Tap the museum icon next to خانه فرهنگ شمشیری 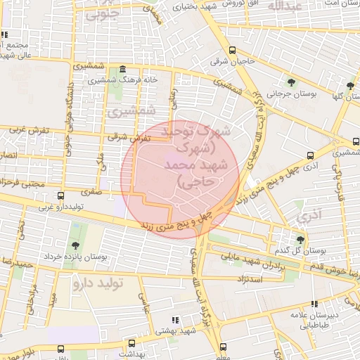[124, 70]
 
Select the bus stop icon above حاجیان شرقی [233, 49]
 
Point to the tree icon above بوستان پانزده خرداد [75, 245]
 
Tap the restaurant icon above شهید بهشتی [175, 320]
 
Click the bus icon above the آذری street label [310, 155]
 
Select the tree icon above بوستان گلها [350, 86]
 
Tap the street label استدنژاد [246, 279]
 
